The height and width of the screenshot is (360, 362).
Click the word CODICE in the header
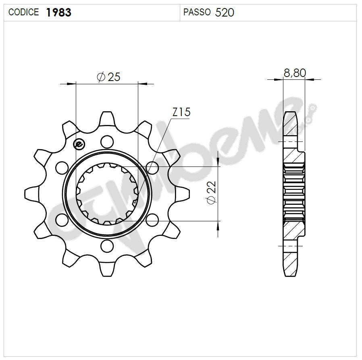pyautogui.click(x=23, y=12)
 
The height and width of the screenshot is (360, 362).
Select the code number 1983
pyautogui.click(x=59, y=12)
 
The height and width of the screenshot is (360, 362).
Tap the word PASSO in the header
pyautogui.click(x=197, y=12)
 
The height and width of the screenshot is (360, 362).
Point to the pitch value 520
pyautogui.click(x=225, y=12)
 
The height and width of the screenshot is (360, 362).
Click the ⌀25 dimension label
pyautogui.click(x=108, y=77)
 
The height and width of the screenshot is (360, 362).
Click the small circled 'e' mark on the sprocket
pyautogui.click(x=79, y=144)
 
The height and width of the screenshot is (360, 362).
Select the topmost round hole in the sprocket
pyautogui.click(x=107, y=141)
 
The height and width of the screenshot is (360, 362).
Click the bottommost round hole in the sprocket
pyautogui.click(x=107, y=246)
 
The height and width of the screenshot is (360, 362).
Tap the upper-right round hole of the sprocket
pyautogui.click(x=152, y=167)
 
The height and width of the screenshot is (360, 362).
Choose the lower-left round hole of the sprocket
pyautogui.click(x=62, y=220)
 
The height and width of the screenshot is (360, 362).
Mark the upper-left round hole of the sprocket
pyautogui.click(x=62, y=167)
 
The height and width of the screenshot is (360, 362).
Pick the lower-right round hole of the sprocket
pyautogui.click(x=152, y=220)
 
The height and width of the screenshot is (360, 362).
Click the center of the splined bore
pyautogui.click(x=107, y=193)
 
